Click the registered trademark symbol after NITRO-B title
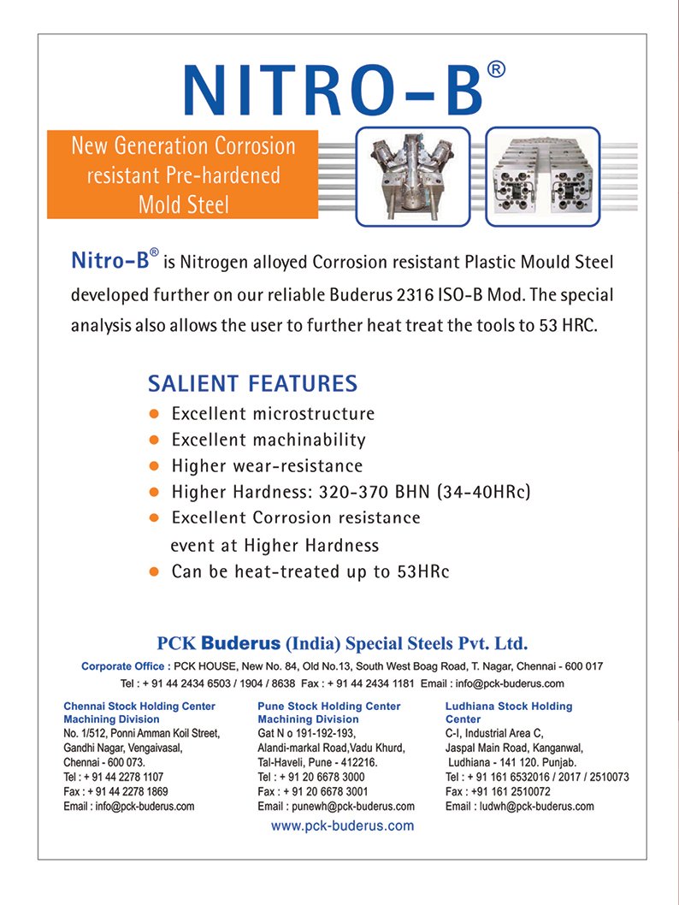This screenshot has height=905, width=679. coord(496,70)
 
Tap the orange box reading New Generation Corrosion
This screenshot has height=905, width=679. coord(183,174)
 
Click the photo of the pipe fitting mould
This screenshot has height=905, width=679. coord(414,176)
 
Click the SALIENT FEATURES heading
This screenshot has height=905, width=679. coord(252,382)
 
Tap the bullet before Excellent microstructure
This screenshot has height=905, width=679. coord(155,414)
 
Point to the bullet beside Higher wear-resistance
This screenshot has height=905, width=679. coord(155,466)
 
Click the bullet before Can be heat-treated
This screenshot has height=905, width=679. coord(155,571)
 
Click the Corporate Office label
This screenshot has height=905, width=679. coord(125,666)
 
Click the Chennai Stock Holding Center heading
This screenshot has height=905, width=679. coord(139,707)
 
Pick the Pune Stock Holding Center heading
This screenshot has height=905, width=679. coord(328,707)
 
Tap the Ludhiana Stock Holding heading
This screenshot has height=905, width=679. coord(509,707)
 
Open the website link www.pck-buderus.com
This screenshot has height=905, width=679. coord(342,826)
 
